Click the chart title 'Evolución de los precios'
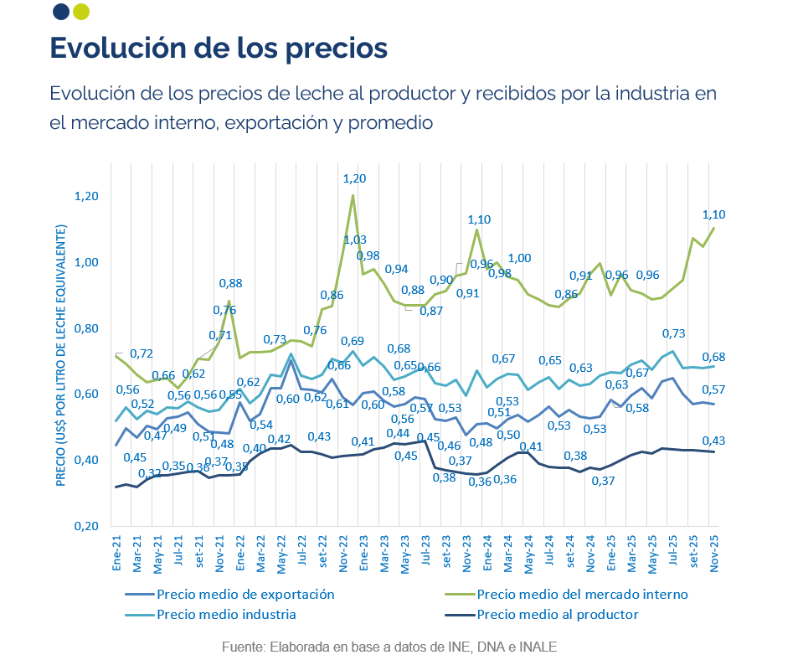pos(219,47)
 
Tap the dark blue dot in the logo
pos(60,12)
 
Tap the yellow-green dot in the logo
pos(81,12)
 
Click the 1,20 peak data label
pos(355,178)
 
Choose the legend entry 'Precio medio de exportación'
pos(245,595)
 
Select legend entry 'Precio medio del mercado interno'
pos(582,595)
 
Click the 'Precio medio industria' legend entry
pos(226,615)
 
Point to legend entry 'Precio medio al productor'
pos(558,615)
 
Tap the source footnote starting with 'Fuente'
pos(389,647)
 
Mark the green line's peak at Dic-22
pos(353,196)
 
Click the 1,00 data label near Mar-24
pos(520,258)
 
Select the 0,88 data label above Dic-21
pos(230,283)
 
